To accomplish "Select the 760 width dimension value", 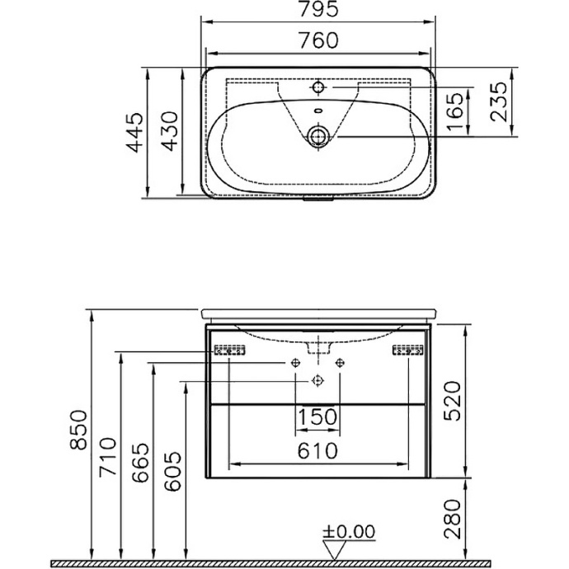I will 317,40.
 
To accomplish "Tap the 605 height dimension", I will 171,472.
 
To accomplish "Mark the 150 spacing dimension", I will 317,417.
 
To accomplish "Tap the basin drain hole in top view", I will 317,135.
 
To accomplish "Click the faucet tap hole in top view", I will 317,87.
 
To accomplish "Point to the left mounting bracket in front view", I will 230,350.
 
